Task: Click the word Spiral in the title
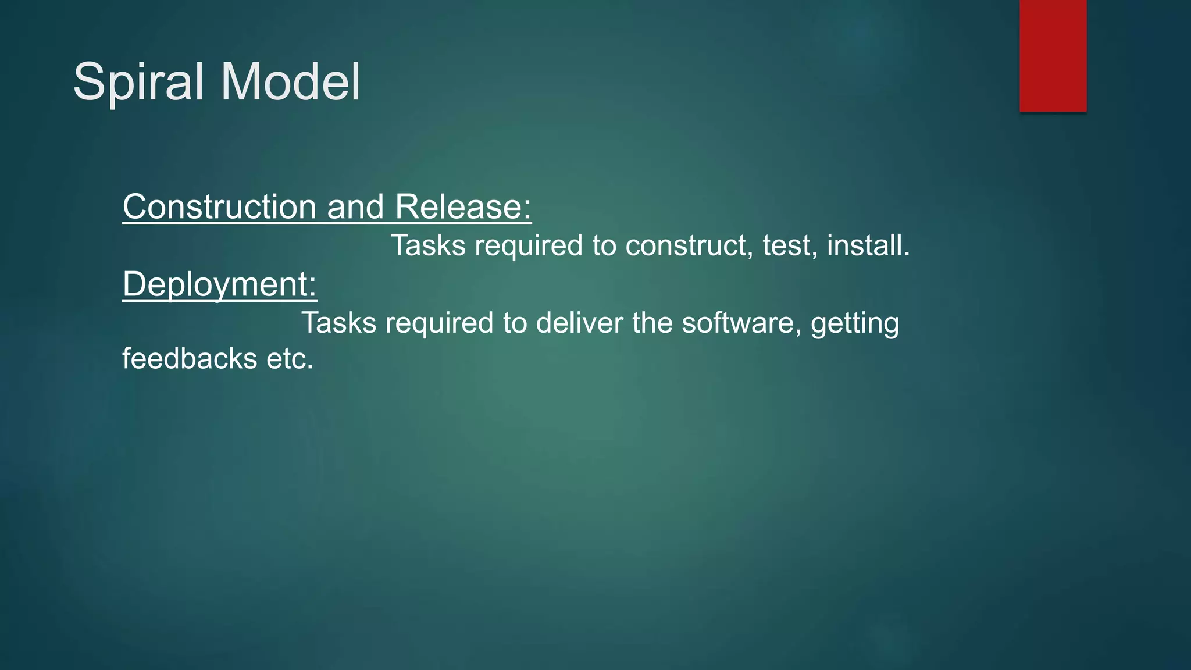tap(138, 83)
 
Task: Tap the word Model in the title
tap(290, 82)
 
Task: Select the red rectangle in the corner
tap(1053, 56)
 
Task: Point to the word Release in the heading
tap(463, 207)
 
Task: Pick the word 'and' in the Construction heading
tap(355, 207)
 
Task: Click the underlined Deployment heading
tap(219, 284)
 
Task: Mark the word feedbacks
tap(190, 358)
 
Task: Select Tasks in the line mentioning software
tap(339, 323)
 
